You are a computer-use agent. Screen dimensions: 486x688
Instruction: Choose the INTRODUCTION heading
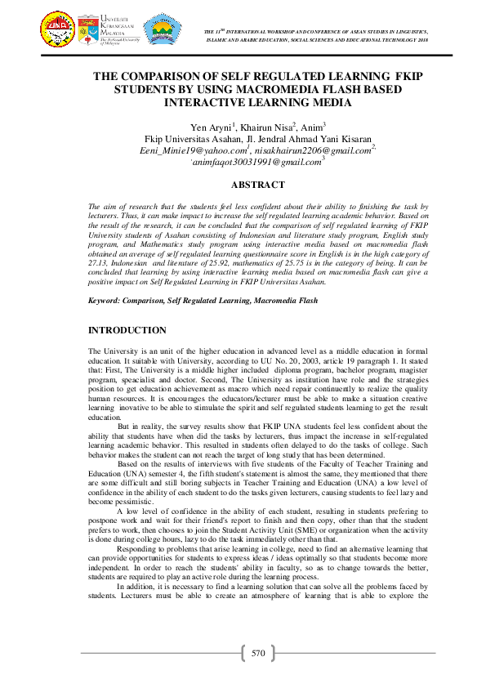coord(127,330)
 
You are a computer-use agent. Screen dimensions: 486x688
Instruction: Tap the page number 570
coord(259,653)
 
